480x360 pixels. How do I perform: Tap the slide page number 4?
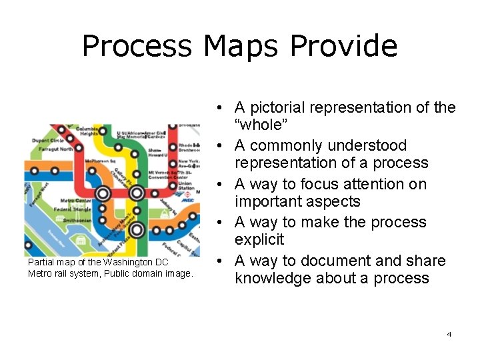point(449,333)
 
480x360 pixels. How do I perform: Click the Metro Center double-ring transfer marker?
point(103,194)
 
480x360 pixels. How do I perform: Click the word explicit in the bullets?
point(259,239)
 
